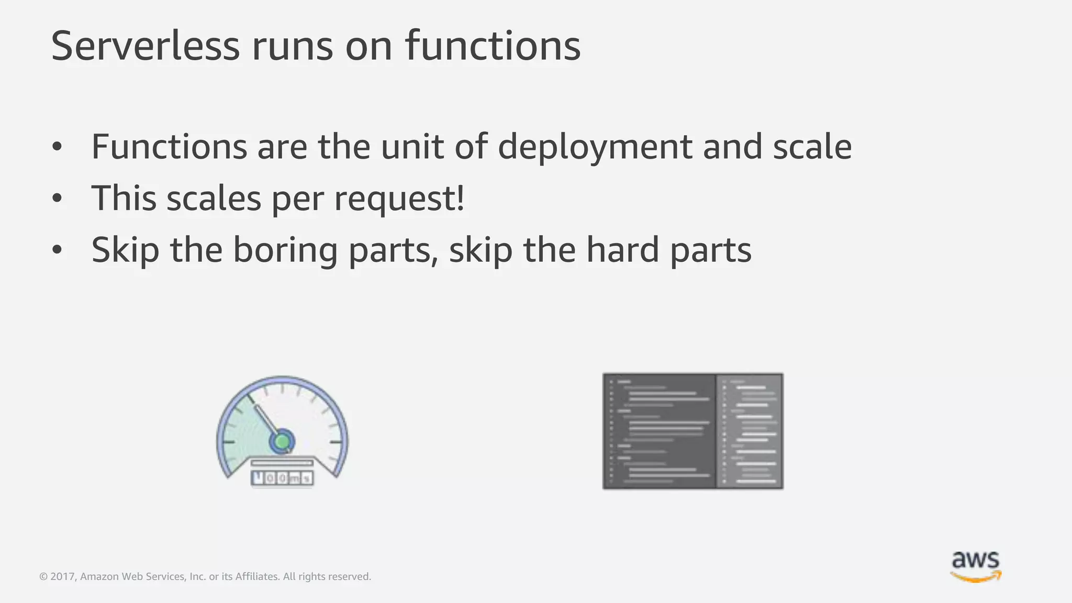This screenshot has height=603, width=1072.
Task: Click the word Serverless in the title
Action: [145, 46]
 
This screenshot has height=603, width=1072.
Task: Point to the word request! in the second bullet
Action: [399, 198]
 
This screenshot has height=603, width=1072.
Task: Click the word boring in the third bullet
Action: [285, 250]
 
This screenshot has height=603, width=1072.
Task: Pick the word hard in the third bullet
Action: [622, 250]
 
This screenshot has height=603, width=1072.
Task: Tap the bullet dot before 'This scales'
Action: [57, 199]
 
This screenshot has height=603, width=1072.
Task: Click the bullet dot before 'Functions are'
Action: [57, 148]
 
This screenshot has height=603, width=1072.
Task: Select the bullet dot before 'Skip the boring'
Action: [57, 251]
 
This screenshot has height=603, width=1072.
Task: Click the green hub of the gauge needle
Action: [282, 441]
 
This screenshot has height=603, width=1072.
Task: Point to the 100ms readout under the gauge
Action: [282, 477]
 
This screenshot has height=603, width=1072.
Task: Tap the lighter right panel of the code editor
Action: [750, 431]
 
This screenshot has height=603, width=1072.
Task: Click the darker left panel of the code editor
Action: [660, 431]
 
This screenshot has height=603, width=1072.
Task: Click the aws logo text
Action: [975, 560]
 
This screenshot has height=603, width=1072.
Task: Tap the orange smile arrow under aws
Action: [976, 577]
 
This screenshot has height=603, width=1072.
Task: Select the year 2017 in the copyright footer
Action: [62, 577]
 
